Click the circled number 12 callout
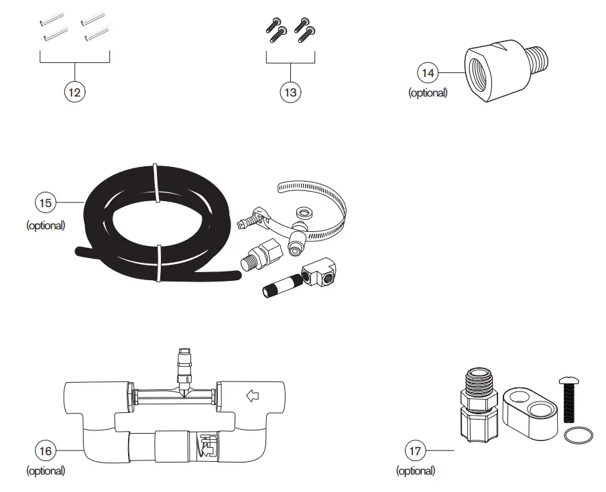74,93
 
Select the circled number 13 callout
290,93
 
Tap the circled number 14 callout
428,72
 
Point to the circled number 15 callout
45,202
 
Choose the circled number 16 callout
45,450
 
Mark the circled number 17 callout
416,450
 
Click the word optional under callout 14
428,93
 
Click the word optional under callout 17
416,471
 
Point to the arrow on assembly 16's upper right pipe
253,396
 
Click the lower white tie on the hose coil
159,263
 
